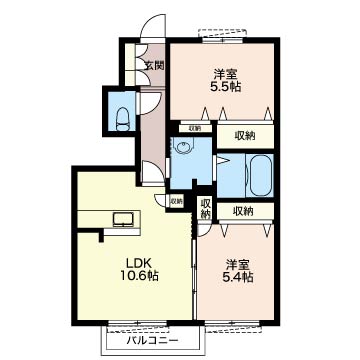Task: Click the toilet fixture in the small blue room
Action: (x=122, y=119)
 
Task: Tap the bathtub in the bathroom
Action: (x=259, y=175)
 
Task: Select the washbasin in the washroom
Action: (x=183, y=147)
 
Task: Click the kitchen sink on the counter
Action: (x=123, y=220)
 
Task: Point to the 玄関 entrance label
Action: (x=155, y=65)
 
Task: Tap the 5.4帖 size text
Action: (x=236, y=276)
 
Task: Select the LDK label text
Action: (x=139, y=263)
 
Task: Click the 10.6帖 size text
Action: (x=139, y=276)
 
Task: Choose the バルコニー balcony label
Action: (x=152, y=341)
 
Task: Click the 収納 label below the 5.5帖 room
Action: (x=245, y=136)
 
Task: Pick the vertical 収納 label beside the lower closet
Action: (x=207, y=208)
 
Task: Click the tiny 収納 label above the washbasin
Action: (x=195, y=128)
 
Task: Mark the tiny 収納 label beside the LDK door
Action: (x=176, y=201)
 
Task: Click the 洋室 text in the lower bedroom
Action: (x=237, y=264)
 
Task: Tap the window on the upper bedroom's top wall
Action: (x=223, y=40)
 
